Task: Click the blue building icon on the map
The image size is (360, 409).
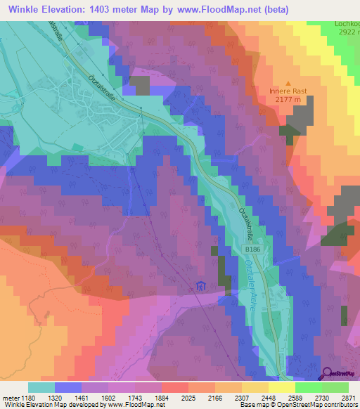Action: tap(201, 286)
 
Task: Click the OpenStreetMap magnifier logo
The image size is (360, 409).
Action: tap(327, 373)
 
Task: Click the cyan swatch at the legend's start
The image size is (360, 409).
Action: tap(41, 387)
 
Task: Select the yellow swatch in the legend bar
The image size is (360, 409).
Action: tap(282, 387)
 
